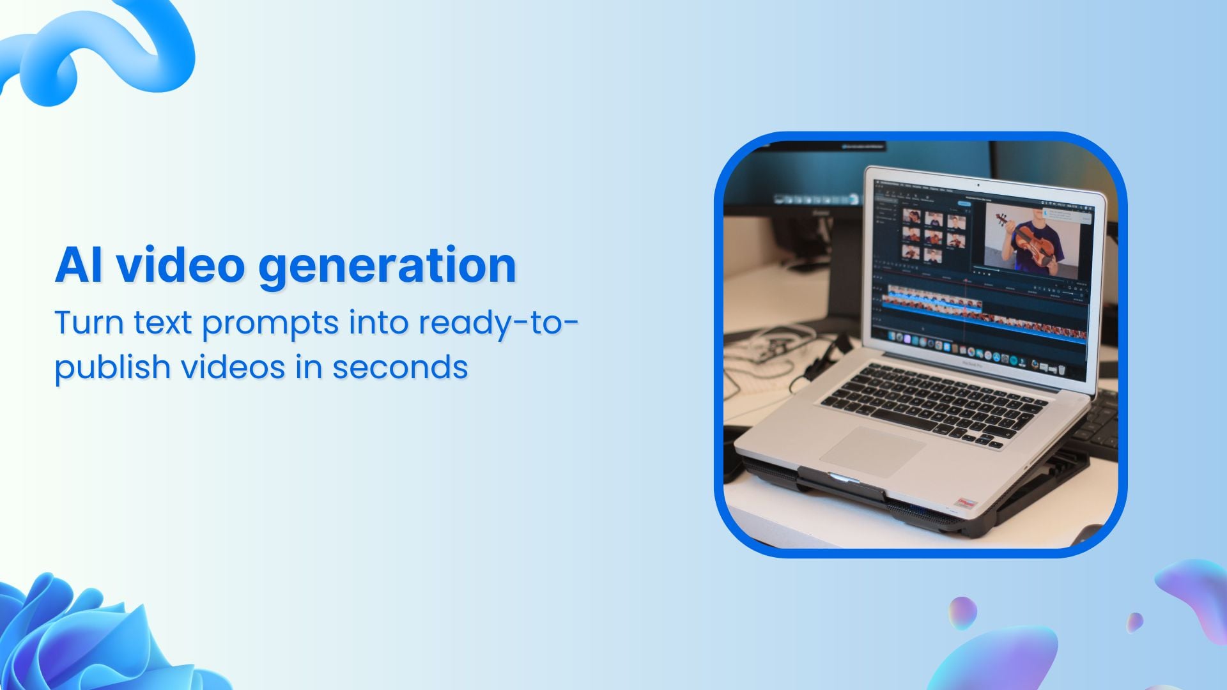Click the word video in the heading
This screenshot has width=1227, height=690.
click(180, 265)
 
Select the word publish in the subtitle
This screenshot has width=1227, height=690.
click(111, 368)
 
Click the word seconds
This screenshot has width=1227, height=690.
click(400, 367)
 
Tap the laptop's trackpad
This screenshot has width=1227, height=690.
click(872, 451)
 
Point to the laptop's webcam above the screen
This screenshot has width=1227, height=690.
click(978, 185)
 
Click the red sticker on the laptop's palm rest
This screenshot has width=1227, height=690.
click(965, 503)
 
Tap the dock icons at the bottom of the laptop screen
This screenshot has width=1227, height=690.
click(971, 353)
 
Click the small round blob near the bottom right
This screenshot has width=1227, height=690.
click(962, 613)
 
